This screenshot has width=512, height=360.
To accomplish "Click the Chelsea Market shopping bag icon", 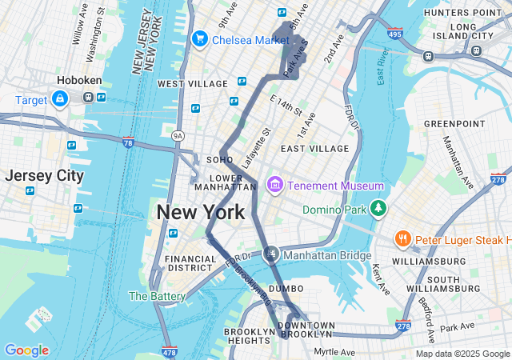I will coord(199,38).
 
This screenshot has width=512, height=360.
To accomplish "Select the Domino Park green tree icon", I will coord(378,210).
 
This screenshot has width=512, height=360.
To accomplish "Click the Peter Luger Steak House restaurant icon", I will coord(402,239).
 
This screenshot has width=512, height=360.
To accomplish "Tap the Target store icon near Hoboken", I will coord(60,98).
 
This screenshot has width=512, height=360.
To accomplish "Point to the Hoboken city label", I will coord(78,80).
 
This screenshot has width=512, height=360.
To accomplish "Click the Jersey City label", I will coord(44,175).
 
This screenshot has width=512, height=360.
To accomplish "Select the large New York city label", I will coord(201,213).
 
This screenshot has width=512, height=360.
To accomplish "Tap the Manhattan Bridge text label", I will coord(328,255).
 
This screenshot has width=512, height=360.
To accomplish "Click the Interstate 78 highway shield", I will coord(129,142).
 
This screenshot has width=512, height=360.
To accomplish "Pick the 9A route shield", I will coord(177,136).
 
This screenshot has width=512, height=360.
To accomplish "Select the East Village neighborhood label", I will coord(314,149).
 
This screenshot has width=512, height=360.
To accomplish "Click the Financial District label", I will coord(190,264).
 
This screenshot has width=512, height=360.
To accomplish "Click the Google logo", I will coord(26,350).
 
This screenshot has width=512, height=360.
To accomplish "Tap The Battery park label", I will coord(158,296).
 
